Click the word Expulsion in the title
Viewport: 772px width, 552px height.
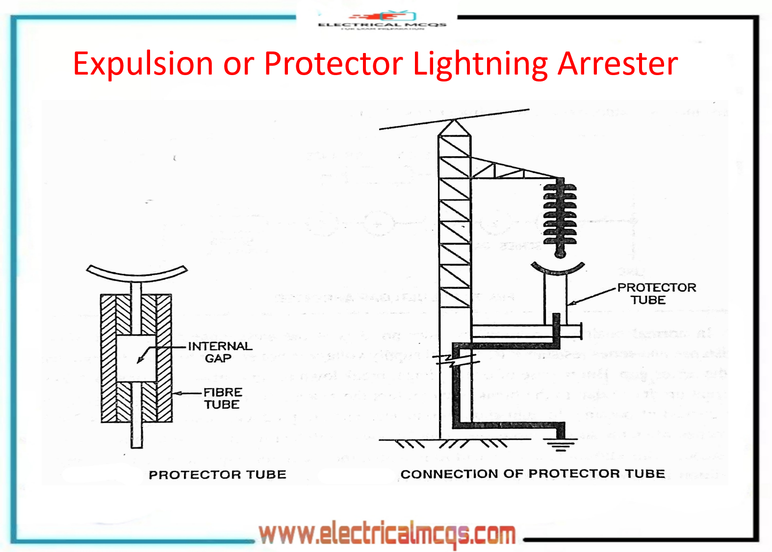[143, 64]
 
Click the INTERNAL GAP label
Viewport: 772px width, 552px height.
[220, 352]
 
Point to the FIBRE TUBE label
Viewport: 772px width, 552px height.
[222, 398]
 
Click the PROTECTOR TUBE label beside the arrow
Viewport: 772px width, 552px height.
[656, 293]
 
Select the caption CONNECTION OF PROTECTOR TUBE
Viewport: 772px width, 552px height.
[533, 473]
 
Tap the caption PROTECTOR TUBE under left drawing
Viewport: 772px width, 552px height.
[217, 474]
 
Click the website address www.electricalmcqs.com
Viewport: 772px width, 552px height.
[387, 534]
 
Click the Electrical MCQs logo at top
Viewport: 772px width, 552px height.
[382, 20]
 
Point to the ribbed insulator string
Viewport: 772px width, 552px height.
[560, 216]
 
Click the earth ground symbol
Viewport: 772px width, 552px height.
[560, 445]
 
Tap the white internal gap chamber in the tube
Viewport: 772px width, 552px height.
[136, 359]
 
